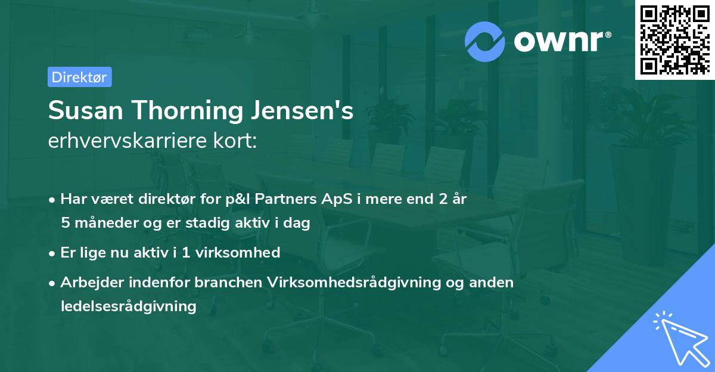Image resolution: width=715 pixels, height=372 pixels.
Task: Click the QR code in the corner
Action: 675,40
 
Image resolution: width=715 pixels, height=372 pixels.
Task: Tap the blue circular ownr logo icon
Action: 485,41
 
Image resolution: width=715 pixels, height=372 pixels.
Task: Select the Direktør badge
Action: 79,77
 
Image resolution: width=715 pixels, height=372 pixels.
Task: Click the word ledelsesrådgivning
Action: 128,306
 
